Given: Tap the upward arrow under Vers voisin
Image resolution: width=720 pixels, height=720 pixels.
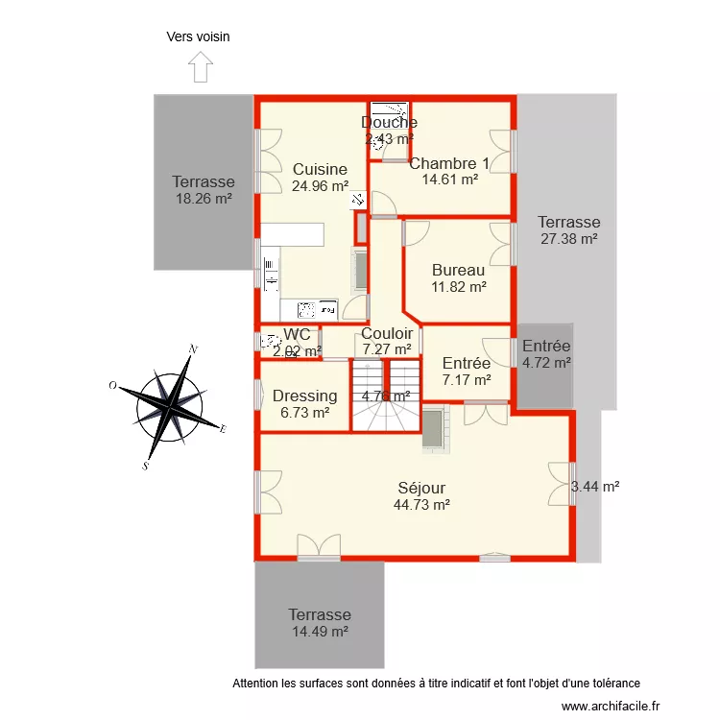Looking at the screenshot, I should (200, 67).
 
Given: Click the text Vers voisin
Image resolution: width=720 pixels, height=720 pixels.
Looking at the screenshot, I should (199, 37).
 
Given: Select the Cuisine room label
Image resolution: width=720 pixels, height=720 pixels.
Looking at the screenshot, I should (320, 170).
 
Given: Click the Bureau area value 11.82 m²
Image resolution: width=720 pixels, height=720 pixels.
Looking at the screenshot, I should (458, 286).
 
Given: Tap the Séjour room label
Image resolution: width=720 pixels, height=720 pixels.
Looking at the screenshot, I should (422, 488).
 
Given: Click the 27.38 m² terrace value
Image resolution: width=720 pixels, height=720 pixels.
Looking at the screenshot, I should (568, 238).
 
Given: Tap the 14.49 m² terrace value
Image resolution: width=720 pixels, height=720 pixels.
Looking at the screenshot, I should (320, 632).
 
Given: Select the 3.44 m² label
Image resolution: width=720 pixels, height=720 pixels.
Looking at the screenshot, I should (595, 487).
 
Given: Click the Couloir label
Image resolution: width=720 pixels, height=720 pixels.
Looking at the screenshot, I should (387, 333).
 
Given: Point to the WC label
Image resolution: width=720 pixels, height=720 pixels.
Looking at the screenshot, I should (297, 334).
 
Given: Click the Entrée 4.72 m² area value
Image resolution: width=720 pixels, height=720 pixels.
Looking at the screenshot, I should (546, 363).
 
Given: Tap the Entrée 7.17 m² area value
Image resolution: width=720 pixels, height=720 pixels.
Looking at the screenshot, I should (467, 379).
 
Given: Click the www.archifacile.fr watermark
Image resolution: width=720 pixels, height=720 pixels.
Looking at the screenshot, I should (612, 706).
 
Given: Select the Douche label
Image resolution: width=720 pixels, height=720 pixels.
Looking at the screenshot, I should (389, 122).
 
